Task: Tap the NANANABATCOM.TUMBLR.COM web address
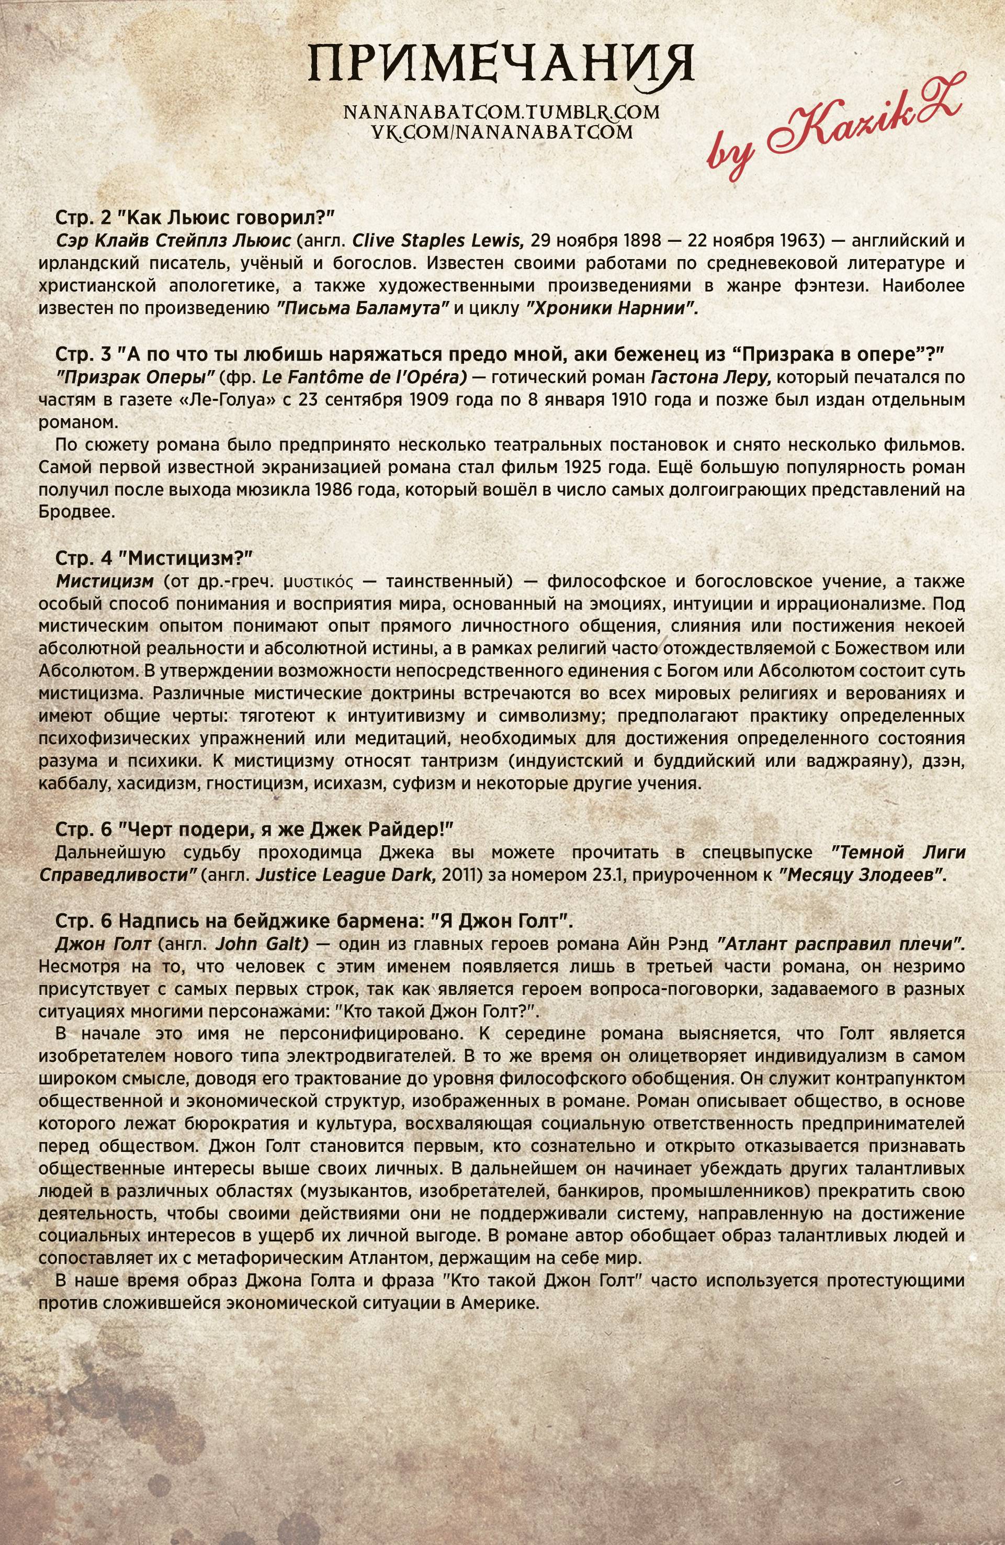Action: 502,113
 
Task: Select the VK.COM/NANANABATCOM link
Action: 502,132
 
